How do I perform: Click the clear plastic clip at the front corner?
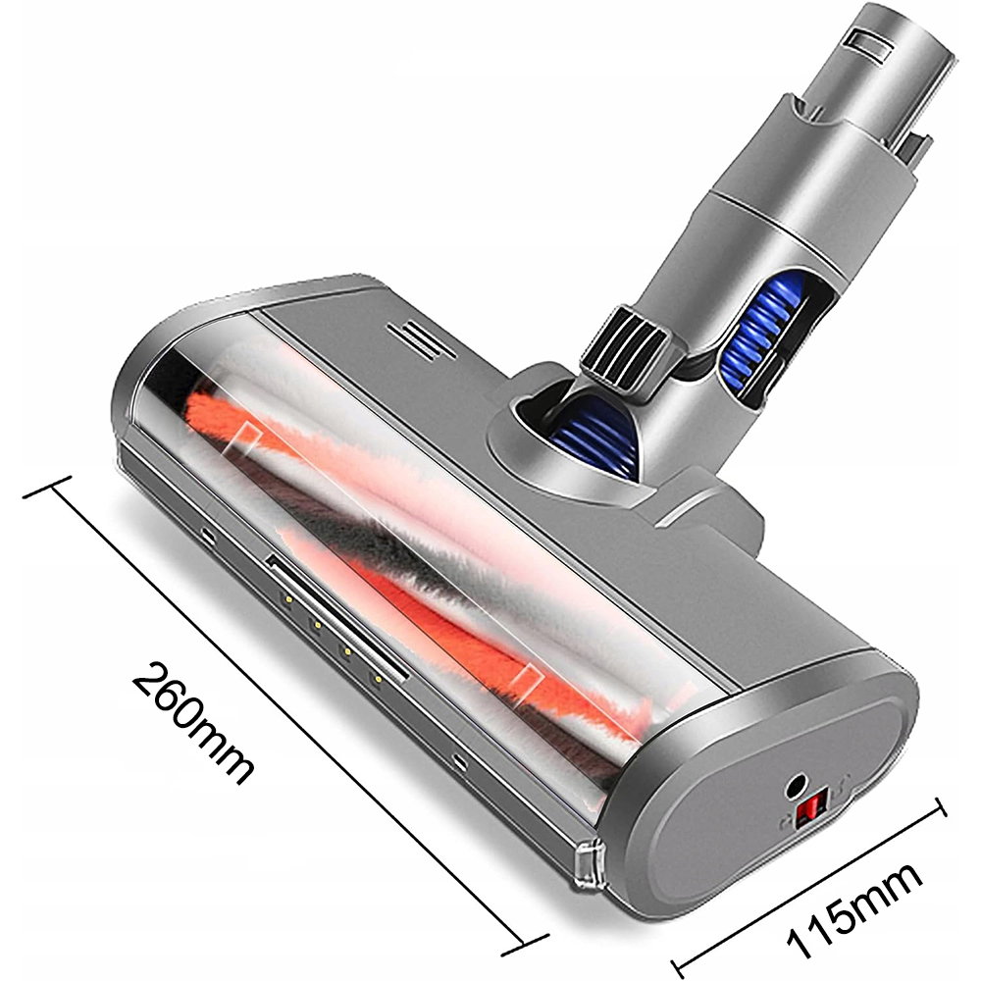588,865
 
